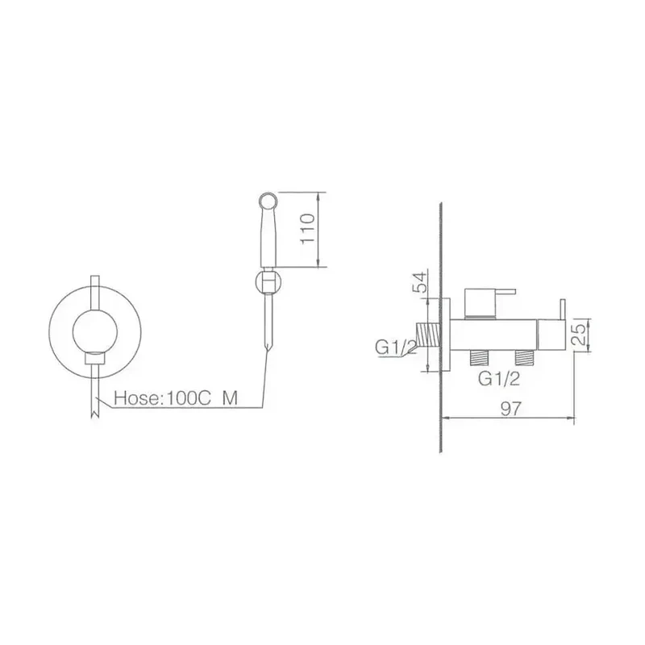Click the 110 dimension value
point(308,228)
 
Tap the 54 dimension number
point(420,281)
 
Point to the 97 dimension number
point(511,409)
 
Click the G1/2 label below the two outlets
point(499,378)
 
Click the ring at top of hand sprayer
point(269,200)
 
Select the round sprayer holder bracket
point(268,281)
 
